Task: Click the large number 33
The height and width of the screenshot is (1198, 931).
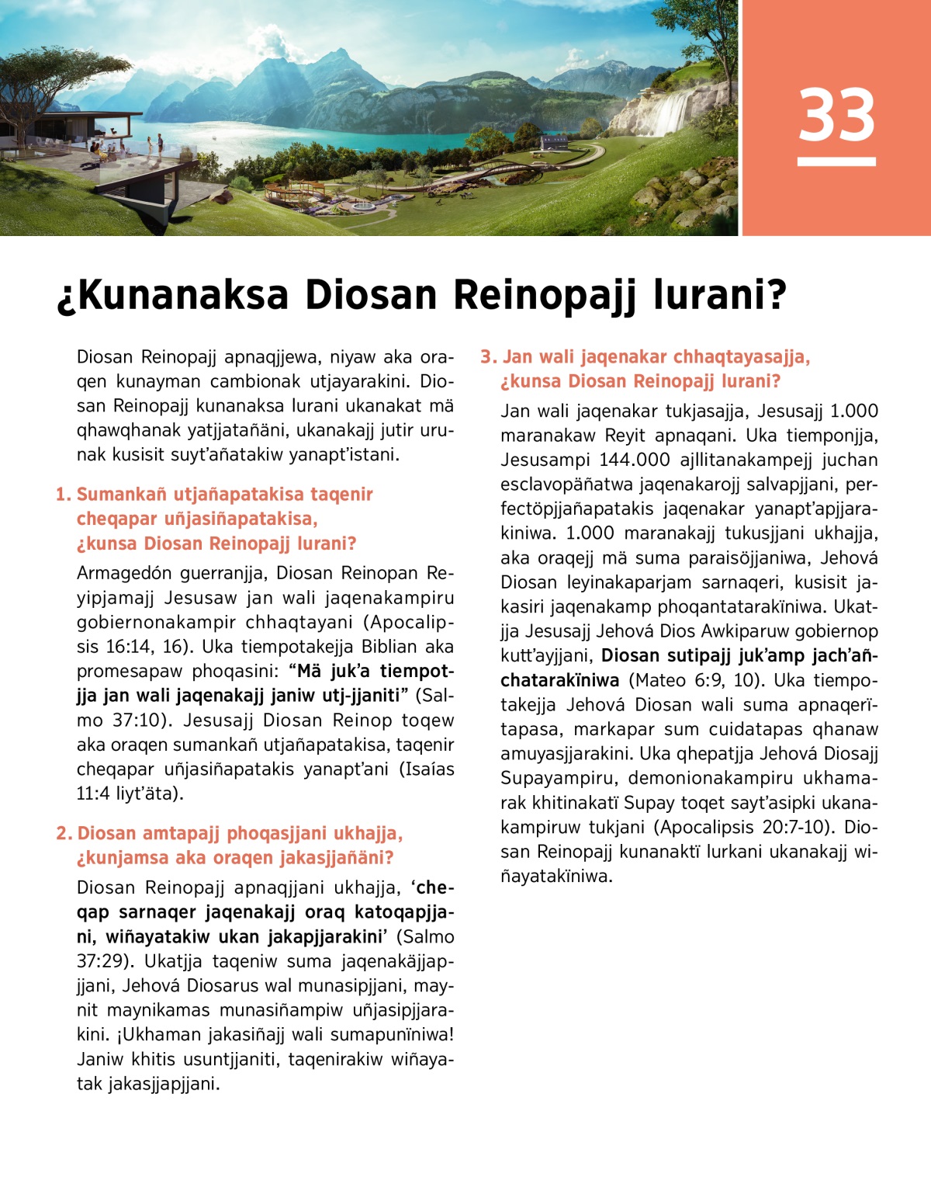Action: (836, 115)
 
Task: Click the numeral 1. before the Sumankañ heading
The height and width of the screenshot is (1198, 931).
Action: (63, 495)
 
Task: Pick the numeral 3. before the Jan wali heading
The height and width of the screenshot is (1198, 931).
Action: (488, 357)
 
